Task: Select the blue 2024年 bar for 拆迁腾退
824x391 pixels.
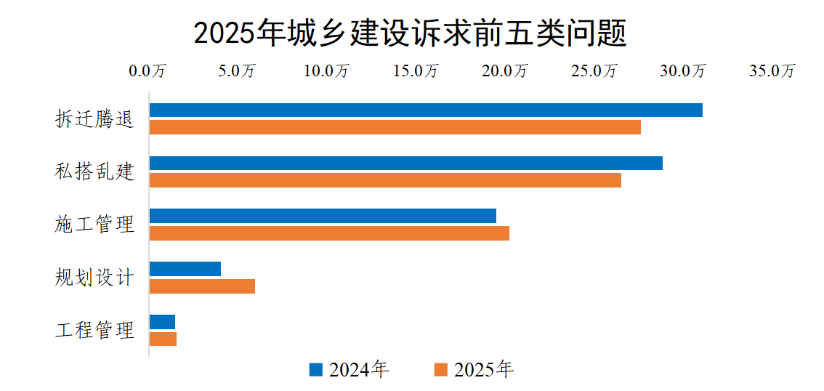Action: pyautogui.click(x=426, y=110)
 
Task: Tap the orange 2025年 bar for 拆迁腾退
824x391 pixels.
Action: pyautogui.click(x=395, y=127)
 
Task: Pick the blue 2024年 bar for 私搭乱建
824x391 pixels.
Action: pyautogui.click(x=405, y=163)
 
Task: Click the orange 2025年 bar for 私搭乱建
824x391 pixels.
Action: pyautogui.click(x=385, y=180)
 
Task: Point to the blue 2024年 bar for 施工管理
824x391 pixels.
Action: pyautogui.click(x=323, y=216)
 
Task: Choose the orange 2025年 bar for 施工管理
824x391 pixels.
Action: pyautogui.click(x=329, y=233)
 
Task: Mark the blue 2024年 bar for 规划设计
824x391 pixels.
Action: pyautogui.click(x=185, y=269)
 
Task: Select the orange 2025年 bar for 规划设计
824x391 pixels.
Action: pyautogui.click(x=202, y=286)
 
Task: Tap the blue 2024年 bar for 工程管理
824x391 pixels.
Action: pyautogui.click(x=162, y=322)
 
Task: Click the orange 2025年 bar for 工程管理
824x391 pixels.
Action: pyautogui.click(x=163, y=339)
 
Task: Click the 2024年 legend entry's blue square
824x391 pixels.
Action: pyautogui.click(x=315, y=369)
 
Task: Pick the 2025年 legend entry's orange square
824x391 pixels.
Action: pyautogui.click(x=440, y=369)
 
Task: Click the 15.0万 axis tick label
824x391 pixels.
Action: pyautogui.click(x=416, y=71)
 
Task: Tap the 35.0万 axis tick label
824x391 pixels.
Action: pyautogui.click(x=773, y=71)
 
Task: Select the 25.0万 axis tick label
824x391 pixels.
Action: pyautogui.click(x=594, y=71)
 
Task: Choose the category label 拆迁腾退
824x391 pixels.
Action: pyautogui.click(x=95, y=119)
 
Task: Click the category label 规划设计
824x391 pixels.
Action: pyautogui.click(x=95, y=278)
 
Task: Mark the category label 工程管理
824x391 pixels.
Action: pyautogui.click(x=95, y=331)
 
